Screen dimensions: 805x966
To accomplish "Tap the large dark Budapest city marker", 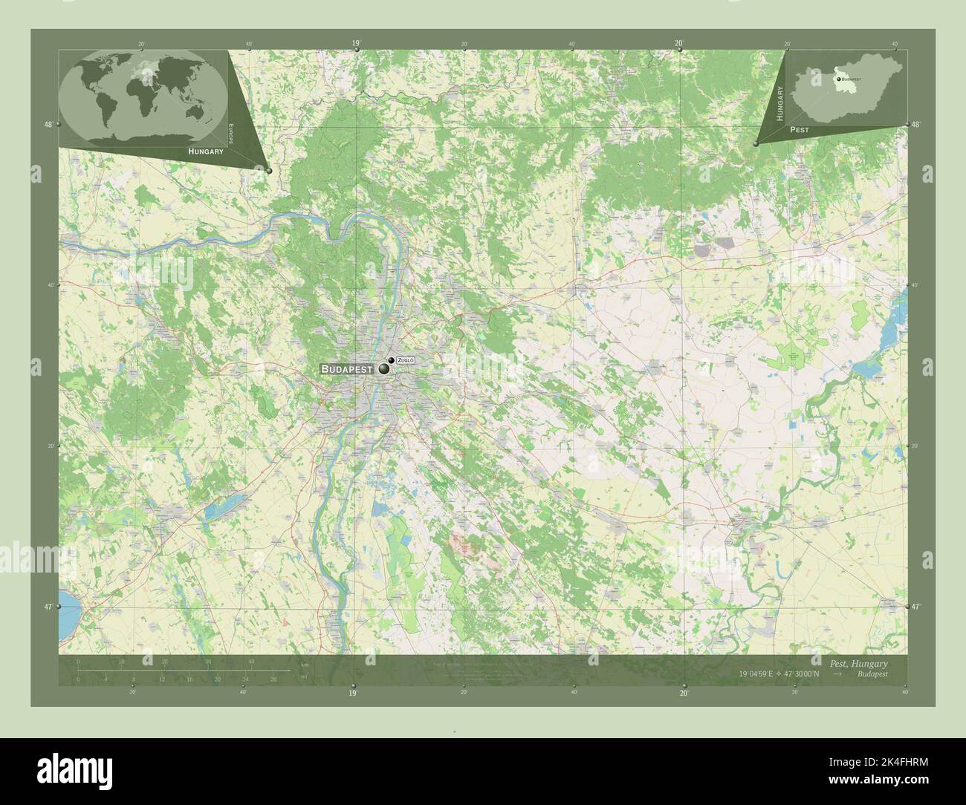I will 384,368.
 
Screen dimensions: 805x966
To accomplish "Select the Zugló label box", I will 406,360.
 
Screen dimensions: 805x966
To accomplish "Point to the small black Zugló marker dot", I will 392,360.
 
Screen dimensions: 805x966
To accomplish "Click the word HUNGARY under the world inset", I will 206,151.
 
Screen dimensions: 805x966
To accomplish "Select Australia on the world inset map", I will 196,112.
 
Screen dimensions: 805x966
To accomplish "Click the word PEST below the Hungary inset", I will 800,129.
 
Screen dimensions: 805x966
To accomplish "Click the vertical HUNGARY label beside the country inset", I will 780,103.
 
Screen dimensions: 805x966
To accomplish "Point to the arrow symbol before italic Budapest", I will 837,674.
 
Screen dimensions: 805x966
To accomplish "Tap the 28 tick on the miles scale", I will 274,679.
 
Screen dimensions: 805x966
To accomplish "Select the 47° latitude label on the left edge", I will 48,607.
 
